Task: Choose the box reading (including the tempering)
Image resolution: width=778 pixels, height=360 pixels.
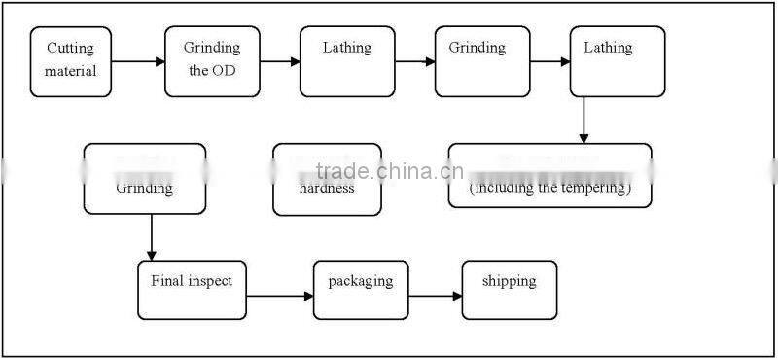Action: pos(549,176)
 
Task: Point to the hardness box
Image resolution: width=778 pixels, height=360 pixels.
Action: pos(327,179)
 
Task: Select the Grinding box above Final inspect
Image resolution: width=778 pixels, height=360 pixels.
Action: pos(145,179)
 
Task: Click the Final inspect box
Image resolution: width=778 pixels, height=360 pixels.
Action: pos(192,290)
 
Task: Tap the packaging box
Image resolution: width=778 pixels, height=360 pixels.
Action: pos(361,290)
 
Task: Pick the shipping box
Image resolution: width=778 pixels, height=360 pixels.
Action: pos(509,290)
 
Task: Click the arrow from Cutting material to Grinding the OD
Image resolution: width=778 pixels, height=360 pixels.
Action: pos(138,63)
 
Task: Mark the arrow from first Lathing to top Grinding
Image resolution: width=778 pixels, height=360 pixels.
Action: pos(415,63)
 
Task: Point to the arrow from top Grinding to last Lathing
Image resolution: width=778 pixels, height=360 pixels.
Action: pos(550,63)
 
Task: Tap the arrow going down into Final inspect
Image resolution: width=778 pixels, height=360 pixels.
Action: pos(152,236)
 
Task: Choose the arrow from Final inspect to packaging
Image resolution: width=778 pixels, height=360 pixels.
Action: pos(280,295)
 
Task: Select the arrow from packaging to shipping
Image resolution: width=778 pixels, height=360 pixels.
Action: pos(435,295)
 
